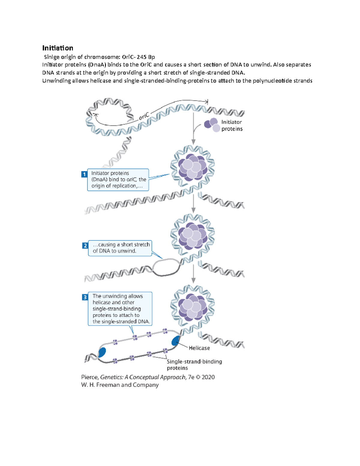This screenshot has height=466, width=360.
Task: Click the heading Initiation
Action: tap(58, 48)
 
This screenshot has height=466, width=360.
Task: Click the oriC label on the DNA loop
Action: tap(144, 116)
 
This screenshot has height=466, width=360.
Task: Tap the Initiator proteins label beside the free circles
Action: tap(232, 125)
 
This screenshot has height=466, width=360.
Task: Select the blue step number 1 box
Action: tap(84, 174)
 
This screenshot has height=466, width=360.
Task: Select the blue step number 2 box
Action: tap(85, 245)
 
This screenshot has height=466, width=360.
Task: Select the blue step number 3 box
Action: tap(85, 297)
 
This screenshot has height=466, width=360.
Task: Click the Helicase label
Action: tap(199, 348)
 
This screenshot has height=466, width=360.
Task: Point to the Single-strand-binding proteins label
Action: tap(194, 365)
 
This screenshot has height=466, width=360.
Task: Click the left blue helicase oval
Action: tap(102, 352)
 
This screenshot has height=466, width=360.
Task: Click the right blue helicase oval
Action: tap(175, 341)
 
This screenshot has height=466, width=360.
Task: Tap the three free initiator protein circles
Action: tap(212, 125)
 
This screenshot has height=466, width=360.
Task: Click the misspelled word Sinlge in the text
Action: tap(52, 57)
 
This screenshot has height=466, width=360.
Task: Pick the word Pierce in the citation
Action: tap(90, 377)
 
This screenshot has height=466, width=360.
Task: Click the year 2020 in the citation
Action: tap(208, 377)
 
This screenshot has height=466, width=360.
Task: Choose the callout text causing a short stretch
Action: tap(121, 245)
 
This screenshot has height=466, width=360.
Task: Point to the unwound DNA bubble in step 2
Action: tap(166, 267)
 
